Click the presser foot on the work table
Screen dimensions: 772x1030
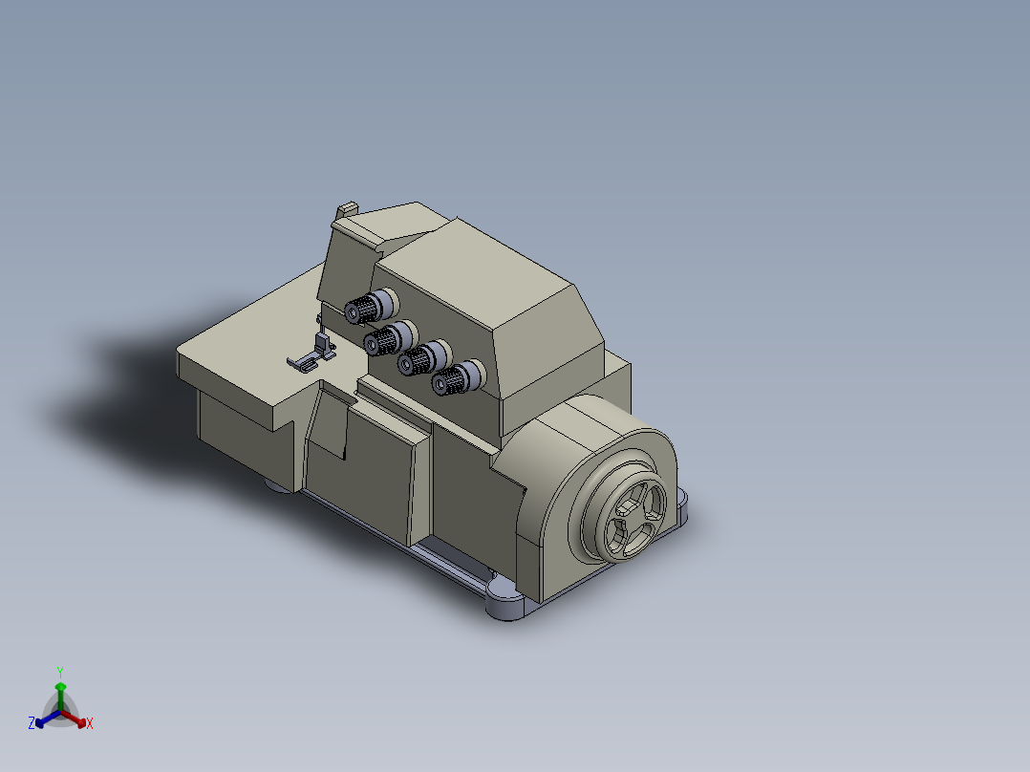click(311, 357)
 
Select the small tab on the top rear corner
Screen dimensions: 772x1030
click(347, 209)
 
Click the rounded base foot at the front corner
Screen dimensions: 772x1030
click(505, 602)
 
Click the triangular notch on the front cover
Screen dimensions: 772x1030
click(331, 425)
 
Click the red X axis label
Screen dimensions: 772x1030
click(90, 724)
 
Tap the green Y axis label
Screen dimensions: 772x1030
click(60, 671)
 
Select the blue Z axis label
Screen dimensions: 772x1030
click(32, 723)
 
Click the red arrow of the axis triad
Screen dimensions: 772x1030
click(78, 720)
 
